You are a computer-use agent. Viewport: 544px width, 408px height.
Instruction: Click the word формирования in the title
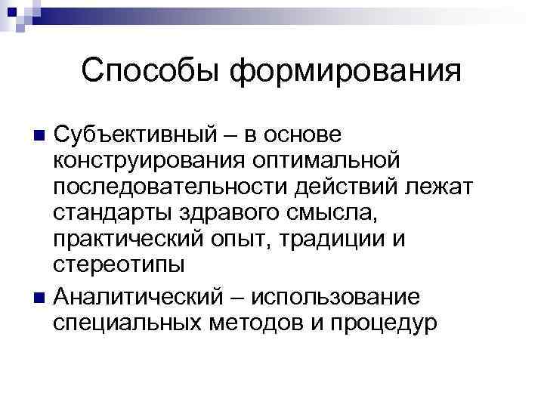345,71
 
